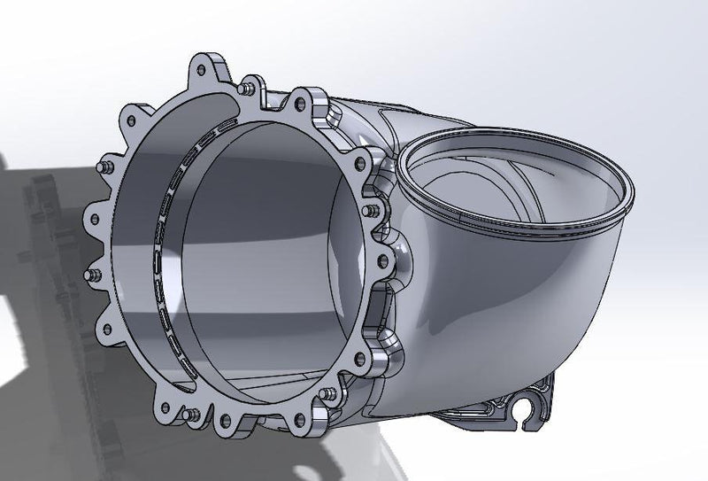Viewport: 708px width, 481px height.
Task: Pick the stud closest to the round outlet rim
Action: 372,211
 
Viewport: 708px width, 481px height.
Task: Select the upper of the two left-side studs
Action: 104,166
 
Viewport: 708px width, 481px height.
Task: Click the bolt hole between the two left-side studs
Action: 90,215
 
